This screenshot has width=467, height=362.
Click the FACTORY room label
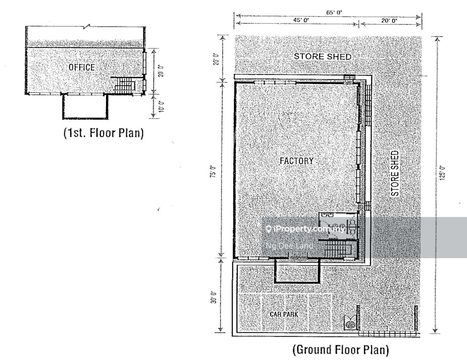pyautogui.click(x=296, y=161)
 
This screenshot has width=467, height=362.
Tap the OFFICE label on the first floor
pyautogui.click(x=82, y=67)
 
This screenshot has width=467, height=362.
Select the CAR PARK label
pyautogui.click(x=284, y=315)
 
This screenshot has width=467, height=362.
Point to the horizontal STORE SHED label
pyautogui.click(x=323, y=57)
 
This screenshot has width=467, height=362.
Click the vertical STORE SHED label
pyautogui.click(x=395, y=173)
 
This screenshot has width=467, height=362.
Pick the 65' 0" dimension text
pyautogui.click(x=334, y=12)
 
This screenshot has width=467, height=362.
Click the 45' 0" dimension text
pyautogui.click(x=301, y=20)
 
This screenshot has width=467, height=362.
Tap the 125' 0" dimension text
pyautogui.click(x=442, y=173)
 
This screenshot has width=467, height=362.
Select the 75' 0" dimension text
pyautogui.click(x=212, y=172)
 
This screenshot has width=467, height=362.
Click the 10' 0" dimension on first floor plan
pyautogui.click(x=162, y=106)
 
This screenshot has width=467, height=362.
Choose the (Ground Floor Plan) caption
pyautogui.click(x=341, y=350)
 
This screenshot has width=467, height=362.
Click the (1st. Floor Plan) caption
pyautogui.click(x=103, y=133)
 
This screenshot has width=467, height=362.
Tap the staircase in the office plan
pyautogui.click(x=125, y=85)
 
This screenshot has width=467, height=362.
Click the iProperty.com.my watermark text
pyautogui.click(x=306, y=229)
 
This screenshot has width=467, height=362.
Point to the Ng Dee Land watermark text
pyautogui.click(x=289, y=246)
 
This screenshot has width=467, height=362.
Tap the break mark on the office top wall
pyautogui.click(x=87, y=27)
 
